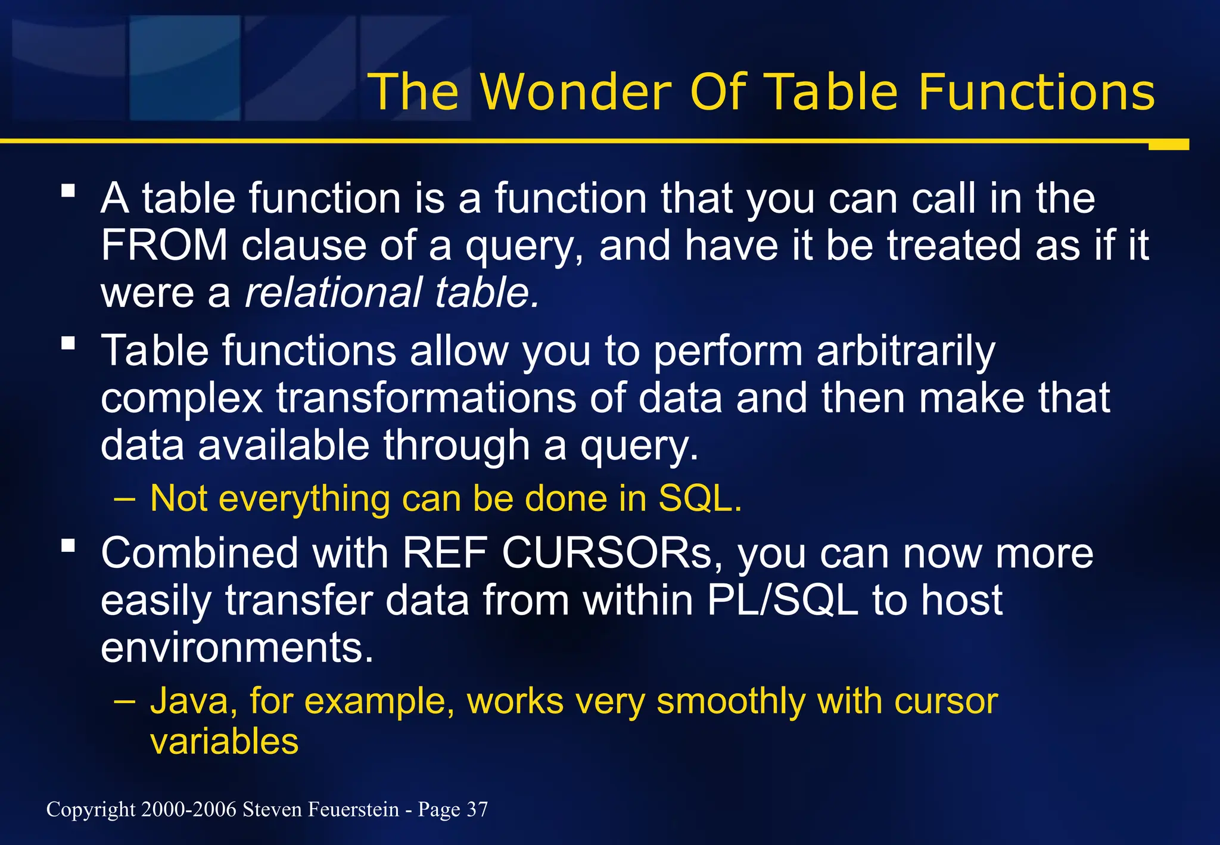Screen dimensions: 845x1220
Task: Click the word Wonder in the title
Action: [x=576, y=92]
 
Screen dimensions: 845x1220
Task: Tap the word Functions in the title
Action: [x=1036, y=92]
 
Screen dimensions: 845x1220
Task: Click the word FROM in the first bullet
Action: [x=164, y=245]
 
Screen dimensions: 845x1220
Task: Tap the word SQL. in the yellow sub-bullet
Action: [x=700, y=498]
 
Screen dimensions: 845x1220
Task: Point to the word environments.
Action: [x=237, y=648]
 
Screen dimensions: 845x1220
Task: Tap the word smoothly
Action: [x=730, y=701]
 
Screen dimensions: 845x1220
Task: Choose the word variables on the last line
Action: [x=224, y=742]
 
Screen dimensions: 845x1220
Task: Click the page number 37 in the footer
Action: [x=477, y=809]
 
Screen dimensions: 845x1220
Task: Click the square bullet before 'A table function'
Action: [x=69, y=191]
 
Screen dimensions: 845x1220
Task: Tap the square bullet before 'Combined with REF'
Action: [x=69, y=545]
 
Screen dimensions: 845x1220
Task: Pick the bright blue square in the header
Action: [x=185, y=67]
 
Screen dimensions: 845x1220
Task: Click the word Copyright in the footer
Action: [x=91, y=809]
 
